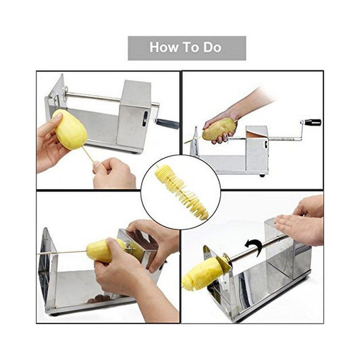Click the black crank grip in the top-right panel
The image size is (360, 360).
pyautogui.click(x=312, y=122)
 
